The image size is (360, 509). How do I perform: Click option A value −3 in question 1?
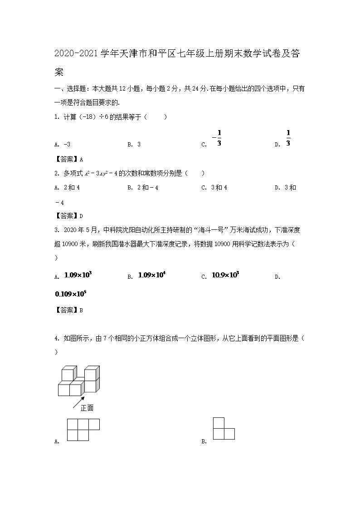(65, 145)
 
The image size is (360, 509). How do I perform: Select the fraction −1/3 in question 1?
(217, 138)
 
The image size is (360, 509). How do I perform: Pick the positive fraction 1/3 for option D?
(288, 138)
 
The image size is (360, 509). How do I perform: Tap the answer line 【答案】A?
(68, 159)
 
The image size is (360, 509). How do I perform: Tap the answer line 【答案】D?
(68, 216)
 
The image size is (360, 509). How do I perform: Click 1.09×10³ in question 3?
(78, 275)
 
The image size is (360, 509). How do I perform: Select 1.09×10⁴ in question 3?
(151, 275)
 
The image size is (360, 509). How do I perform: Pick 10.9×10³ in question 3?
(225, 275)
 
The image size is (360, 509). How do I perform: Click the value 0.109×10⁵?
(71, 294)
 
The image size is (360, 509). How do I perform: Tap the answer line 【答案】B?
(68, 310)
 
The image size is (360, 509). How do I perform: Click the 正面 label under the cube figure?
(87, 408)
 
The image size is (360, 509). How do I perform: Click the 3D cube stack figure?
(78, 380)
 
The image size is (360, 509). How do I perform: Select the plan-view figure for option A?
(83, 430)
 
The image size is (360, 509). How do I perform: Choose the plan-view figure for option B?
(223, 428)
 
